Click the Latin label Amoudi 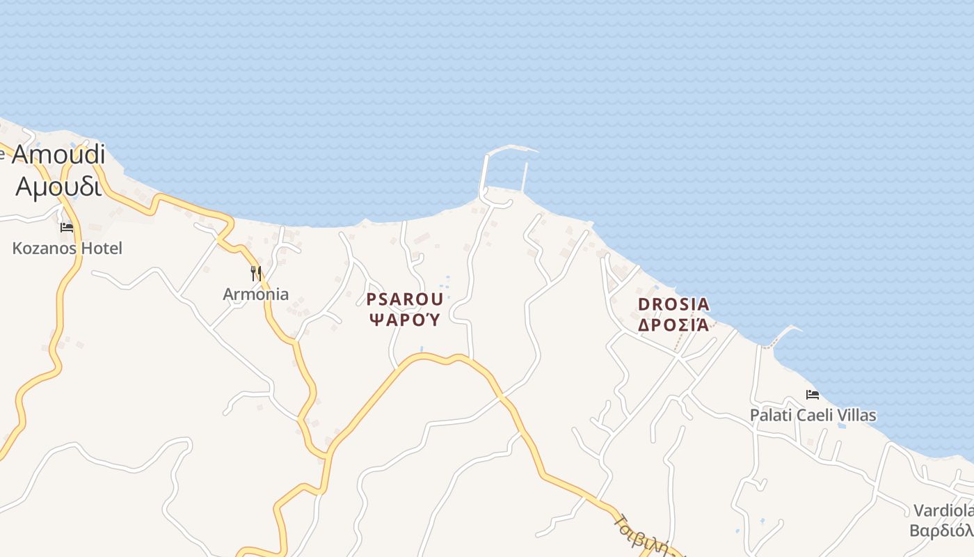click(58, 155)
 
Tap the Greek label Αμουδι click(58, 186)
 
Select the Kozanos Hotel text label click(67, 248)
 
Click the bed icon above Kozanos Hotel click(67, 228)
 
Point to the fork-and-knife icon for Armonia click(256, 273)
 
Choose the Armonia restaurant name click(255, 294)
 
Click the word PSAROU click(404, 299)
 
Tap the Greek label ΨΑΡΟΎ click(404, 320)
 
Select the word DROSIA click(673, 304)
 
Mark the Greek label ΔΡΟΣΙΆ click(673, 325)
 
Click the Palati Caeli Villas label click(813, 416)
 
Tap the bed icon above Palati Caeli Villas click(812, 395)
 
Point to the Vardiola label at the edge click(943, 510)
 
